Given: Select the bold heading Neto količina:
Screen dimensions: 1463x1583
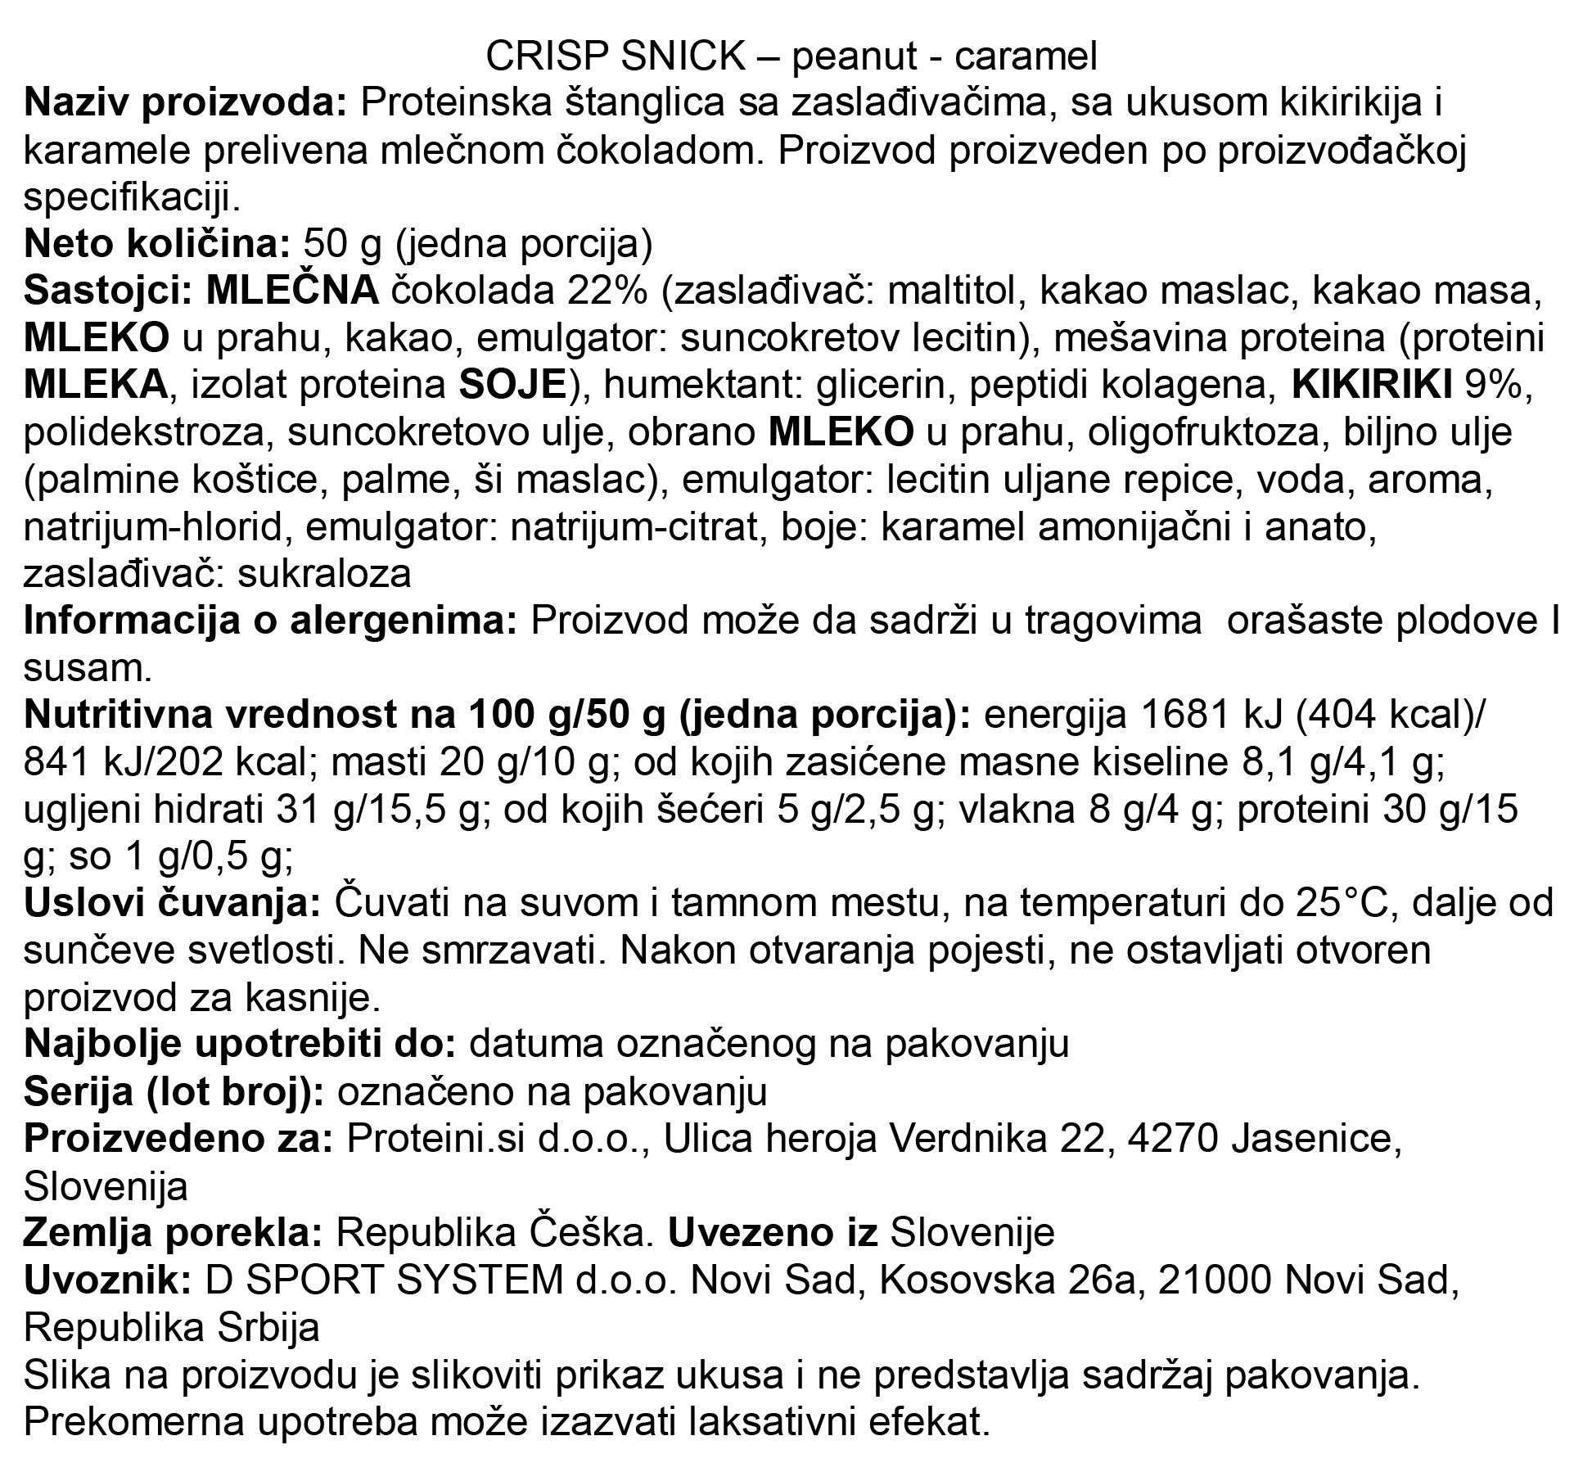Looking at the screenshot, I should tap(156, 244).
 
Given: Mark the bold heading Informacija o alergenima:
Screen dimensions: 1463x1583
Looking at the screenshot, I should tap(270, 621).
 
